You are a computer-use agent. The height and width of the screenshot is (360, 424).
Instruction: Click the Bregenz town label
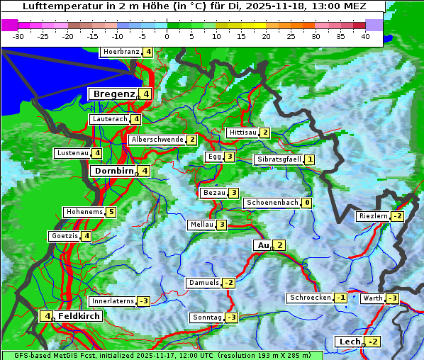coord(113,94)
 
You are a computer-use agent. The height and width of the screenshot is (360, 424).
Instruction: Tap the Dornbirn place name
coord(113,171)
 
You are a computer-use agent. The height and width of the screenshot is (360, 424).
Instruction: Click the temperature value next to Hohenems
coord(111,212)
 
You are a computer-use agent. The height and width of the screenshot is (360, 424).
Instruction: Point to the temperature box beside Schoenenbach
coord(306,203)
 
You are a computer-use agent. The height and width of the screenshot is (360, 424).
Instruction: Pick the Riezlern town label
coord(374,216)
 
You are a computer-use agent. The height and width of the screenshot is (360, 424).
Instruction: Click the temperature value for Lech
coord(372,342)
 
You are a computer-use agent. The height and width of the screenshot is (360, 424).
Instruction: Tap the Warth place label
coord(372,298)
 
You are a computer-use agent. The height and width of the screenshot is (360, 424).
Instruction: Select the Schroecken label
coord(310,298)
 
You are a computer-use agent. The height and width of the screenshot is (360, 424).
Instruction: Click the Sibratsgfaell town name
coord(279,159)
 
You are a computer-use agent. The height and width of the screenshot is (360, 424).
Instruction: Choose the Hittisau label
coord(242,133)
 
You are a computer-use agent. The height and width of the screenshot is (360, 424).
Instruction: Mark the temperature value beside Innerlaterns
coord(143,301)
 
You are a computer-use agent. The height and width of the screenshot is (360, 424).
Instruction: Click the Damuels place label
coord(203,283)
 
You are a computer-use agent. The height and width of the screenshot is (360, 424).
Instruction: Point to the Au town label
coord(262,245)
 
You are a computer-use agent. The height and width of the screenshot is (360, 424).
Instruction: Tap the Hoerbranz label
coord(121,52)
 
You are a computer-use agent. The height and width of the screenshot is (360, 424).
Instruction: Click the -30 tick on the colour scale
coord(18,36)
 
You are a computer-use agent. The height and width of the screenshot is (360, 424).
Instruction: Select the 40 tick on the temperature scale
coord(365,36)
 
